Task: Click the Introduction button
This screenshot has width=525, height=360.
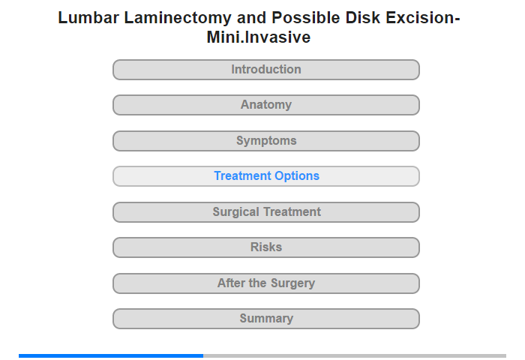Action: (x=266, y=70)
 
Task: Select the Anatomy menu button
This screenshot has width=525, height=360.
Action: (x=266, y=105)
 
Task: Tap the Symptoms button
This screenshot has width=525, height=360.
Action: (x=266, y=141)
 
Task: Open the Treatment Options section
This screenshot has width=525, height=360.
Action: (x=266, y=176)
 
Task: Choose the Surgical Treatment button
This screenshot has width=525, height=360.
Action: (x=266, y=212)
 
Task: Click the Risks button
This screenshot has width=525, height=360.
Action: (x=266, y=247)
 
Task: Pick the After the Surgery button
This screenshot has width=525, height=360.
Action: (x=266, y=283)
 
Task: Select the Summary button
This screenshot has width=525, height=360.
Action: (x=266, y=319)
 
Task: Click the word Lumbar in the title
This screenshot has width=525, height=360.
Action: (x=88, y=18)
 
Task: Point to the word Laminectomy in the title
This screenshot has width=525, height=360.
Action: (x=178, y=18)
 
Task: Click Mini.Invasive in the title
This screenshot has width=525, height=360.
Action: (x=259, y=37)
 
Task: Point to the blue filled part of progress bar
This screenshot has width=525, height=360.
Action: (x=111, y=355)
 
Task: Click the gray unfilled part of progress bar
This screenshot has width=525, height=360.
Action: (x=355, y=355)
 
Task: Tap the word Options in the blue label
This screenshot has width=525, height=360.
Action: (x=297, y=176)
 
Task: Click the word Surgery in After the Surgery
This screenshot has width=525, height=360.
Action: (x=292, y=283)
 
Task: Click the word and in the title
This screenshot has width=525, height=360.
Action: (x=251, y=18)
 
